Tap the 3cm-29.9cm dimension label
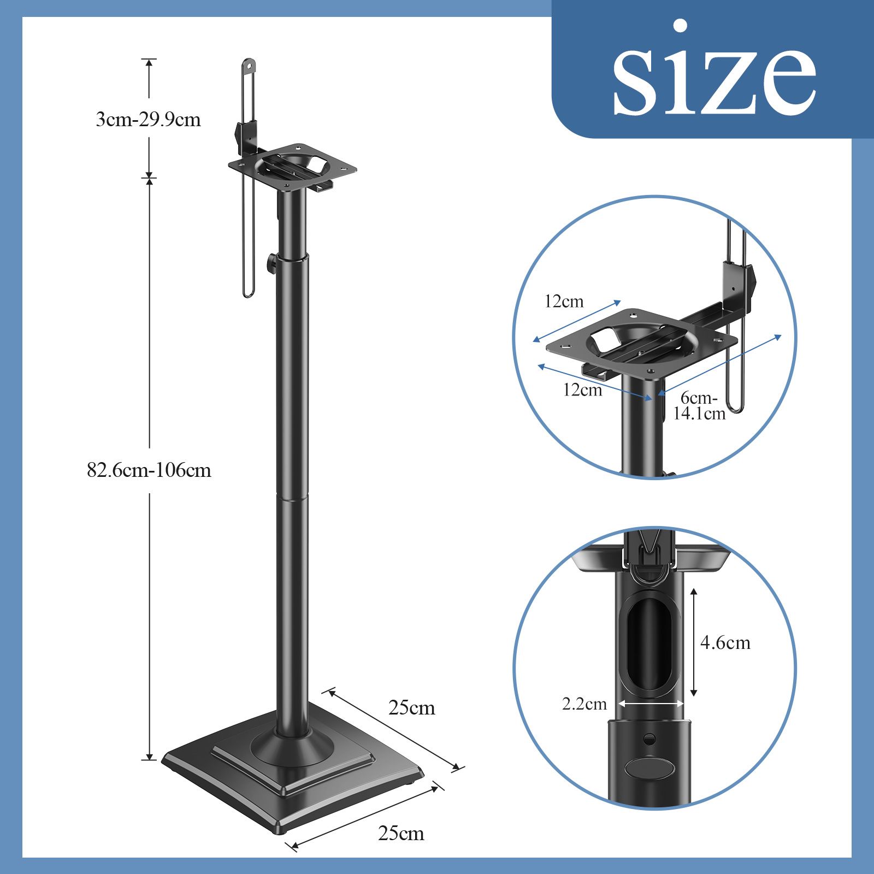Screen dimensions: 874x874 click(149, 119)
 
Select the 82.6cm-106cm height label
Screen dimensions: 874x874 click(149, 470)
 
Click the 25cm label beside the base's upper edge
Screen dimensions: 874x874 click(412, 708)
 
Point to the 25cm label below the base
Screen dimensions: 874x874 click(401, 834)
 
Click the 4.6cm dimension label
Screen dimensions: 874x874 click(725, 643)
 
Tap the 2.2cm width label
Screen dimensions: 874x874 click(584, 704)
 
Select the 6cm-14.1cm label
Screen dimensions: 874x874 click(699, 406)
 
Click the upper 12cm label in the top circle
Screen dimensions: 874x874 click(564, 302)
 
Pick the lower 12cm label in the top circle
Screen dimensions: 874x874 click(582, 390)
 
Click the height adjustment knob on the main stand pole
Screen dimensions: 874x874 click(271, 263)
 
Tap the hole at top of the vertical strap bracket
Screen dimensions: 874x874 click(249, 66)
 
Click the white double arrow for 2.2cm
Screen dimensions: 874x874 click(651, 704)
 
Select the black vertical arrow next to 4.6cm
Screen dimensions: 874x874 click(694, 642)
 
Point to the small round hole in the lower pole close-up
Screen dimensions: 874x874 click(649, 739)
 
